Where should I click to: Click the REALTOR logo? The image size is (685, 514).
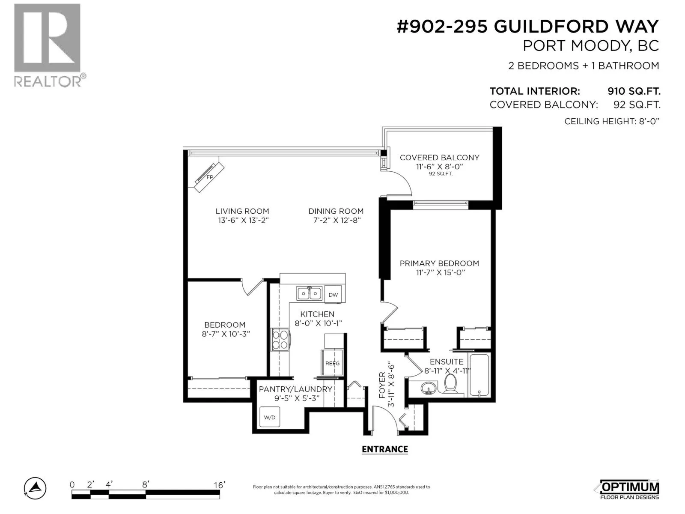(49, 45)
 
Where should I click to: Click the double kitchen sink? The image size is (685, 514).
(309, 293)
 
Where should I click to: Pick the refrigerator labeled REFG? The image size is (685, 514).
(332, 363)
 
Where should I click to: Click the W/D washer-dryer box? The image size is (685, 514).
(270, 417)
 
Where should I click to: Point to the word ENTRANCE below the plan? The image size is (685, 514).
(385, 449)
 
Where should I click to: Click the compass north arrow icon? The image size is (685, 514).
(35, 488)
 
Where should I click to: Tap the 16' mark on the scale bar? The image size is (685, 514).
(219, 485)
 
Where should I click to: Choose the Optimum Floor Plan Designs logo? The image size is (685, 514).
(629, 489)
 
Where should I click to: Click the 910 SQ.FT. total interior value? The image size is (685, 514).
(634, 91)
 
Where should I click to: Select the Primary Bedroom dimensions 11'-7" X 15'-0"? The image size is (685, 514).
(441, 272)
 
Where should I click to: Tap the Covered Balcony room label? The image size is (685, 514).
(439, 158)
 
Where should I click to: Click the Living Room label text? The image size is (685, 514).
(242, 211)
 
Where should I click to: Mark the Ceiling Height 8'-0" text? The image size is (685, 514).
(612, 121)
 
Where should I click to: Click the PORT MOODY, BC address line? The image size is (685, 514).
(591, 46)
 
